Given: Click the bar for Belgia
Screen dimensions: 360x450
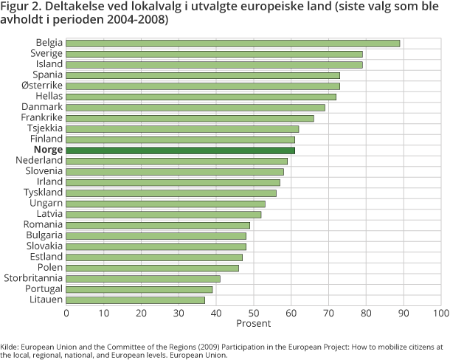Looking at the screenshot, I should pyautogui.click(x=233, y=43).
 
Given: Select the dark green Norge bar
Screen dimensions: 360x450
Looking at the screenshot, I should pyautogui.click(x=181, y=150).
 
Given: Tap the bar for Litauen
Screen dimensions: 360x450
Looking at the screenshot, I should pyautogui.click(x=136, y=300).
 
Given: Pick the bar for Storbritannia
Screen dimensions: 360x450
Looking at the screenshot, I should pyautogui.click(x=143, y=278).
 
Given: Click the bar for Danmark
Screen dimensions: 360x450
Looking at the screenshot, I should pyautogui.click(x=195, y=107).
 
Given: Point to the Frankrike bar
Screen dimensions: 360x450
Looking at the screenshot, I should pyautogui.click(x=190, y=118).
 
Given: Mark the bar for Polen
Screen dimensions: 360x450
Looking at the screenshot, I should pyautogui.click(x=153, y=267).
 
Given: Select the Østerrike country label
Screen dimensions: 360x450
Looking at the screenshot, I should pyautogui.click(x=42, y=86).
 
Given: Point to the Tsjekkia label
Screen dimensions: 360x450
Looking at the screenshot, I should pyautogui.click(x=44, y=128).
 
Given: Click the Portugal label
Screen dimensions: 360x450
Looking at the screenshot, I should pyautogui.click(x=44, y=289).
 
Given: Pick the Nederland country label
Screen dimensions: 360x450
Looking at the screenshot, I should pyautogui.click(x=40, y=161).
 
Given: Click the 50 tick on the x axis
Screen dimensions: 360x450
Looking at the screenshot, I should pyautogui.click(x=254, y=313).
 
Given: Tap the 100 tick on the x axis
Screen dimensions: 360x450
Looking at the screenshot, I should pyautogui.click(x=441, y=313).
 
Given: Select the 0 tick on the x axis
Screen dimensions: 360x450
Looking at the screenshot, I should pyautogui.click(x=66, y=313).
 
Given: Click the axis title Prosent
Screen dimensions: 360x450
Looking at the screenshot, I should pyautogui.click(x=254, y=323).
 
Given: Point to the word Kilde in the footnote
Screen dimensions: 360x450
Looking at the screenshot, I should pyautogui.click(x=10, y=346).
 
